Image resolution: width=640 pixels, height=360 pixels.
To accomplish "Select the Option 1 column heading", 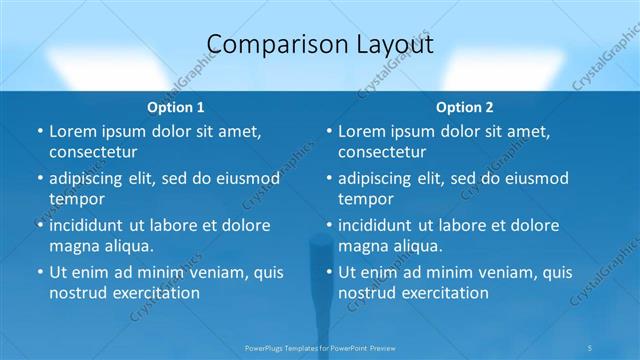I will tap(176, 107).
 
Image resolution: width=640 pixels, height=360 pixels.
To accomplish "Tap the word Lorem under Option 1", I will tap(74, 131).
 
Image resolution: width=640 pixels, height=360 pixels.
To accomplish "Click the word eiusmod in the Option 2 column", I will tap(534, 178).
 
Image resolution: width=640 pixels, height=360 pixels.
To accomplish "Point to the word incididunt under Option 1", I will tap(93, 225).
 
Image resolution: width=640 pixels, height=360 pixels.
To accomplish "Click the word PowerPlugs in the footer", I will tap(265, 347).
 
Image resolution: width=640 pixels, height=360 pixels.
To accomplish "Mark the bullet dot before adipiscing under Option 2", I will tap(328, 178).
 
